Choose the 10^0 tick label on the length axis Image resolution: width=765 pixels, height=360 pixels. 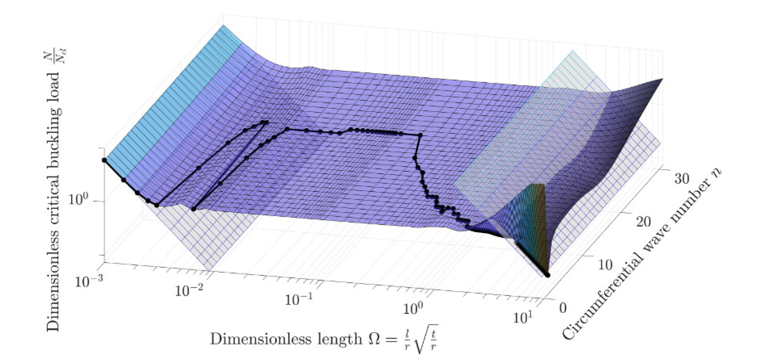click(413, 307)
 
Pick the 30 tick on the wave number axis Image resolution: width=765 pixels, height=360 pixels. click(681, 179)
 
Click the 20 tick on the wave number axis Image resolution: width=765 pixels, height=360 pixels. click(643, 222)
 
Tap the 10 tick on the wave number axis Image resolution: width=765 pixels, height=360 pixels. click(604, 264)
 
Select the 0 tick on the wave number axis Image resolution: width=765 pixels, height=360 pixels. click(562, 308)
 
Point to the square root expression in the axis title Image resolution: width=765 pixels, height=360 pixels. click(426, 339)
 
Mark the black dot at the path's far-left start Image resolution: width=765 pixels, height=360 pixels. click(104, 160)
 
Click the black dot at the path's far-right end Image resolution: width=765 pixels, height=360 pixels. click(548, 275)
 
